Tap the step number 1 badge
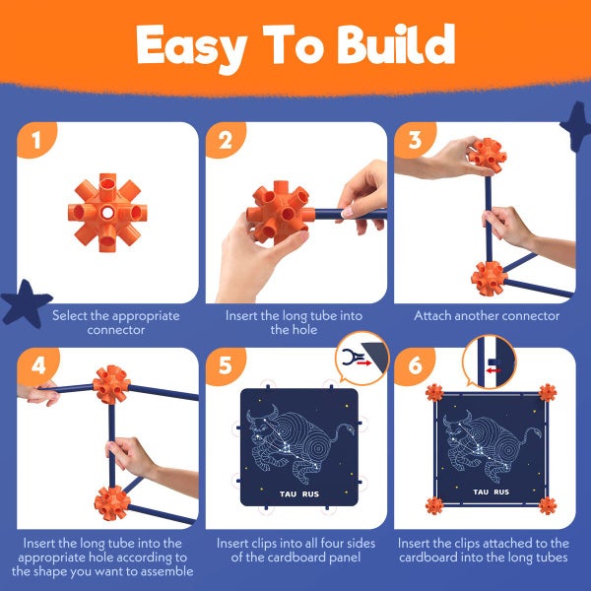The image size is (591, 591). [x=37, y=142]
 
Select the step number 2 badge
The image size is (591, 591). [x=226, y=142]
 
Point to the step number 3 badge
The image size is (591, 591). [x=414, y=142]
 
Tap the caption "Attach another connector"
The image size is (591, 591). [x=486, y=316]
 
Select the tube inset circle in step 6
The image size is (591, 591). [x=490, y=361]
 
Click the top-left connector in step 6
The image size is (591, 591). [x=434, y=393]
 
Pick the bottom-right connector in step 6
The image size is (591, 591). [x=548, y=505]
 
